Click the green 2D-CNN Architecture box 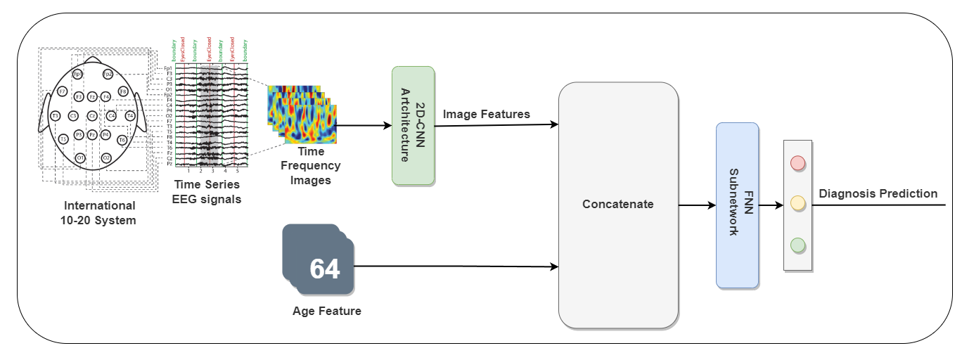tap(413, 126)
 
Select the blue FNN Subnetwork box tap(737, 205)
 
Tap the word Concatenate tap(617, 205)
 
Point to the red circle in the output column tap(797, 163)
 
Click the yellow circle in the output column tap(797, 204)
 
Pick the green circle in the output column tap(797, 245)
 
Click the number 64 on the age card tap(324, 269)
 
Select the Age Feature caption tap(326, 311)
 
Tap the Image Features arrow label tap(487, 114)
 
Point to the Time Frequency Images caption tap(310, 166)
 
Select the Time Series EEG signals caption tap(207, 191)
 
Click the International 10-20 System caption tap(100, 212)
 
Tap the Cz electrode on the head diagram tap(91, 116)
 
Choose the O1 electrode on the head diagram tap(80, 158)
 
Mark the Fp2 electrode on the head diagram tap(108, 74)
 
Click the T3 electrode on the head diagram tap(54, 116)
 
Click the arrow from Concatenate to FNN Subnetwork tap(696, 205)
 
